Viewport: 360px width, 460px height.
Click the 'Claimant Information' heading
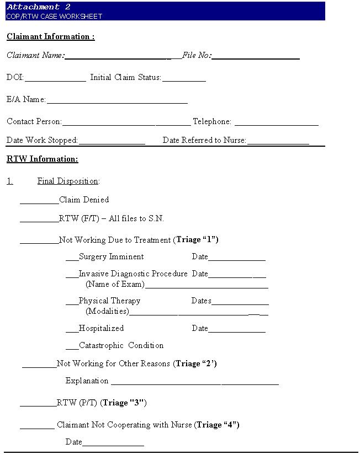click(50, 37)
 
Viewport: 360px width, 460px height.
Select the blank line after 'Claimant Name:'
click(121, 57)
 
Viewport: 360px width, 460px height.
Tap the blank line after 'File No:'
click(256, 57)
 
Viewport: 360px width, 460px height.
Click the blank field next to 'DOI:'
click(55, 79)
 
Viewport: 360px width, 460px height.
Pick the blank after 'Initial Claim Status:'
click(184, 79)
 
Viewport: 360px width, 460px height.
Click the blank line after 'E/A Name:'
click(117, 101)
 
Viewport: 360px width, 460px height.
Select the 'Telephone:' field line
click(276, 124)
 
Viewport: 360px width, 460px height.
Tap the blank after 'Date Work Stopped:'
click(112, 142)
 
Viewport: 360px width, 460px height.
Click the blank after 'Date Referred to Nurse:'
click(278, 142)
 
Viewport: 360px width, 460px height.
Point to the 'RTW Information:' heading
click(43, 159)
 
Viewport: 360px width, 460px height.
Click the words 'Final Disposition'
click(67, 181)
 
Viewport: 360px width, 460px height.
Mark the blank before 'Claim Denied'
click(39, 202)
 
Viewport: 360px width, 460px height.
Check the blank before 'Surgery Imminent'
click(72, 259)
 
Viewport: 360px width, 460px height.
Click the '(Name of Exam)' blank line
click(207, 286)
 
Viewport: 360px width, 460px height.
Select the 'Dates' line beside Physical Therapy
click(240, 303)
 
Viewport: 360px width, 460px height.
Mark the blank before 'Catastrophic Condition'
click(72, 347)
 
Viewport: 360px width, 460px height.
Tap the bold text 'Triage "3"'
click(124, 403)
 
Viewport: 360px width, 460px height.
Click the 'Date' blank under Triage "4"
click(113, 444)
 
